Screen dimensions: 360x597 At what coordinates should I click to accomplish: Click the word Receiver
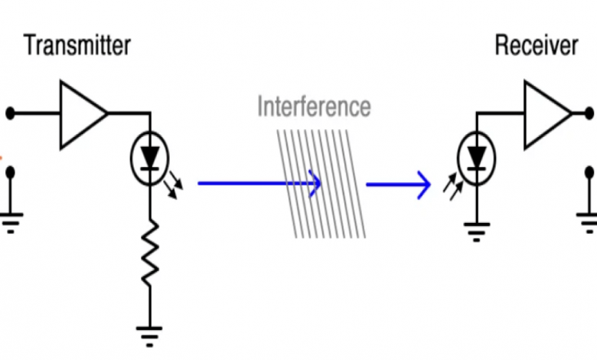point(536,45)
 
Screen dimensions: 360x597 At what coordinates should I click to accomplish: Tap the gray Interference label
point(314,106)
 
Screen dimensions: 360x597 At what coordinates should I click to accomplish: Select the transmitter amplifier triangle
point(80,114)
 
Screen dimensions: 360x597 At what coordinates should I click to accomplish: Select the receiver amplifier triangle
point(545,114)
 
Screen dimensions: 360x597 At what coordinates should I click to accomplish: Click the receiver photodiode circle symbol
point(476,159)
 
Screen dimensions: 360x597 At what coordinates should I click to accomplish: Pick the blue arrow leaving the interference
point(398,185)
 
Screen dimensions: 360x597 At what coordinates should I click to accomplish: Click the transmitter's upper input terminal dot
point(10,114)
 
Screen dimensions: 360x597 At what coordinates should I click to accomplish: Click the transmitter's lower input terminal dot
point(10,172)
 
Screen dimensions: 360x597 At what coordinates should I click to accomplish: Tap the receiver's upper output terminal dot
point(590,114)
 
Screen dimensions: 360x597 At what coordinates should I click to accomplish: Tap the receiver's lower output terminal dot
point(590,172)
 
